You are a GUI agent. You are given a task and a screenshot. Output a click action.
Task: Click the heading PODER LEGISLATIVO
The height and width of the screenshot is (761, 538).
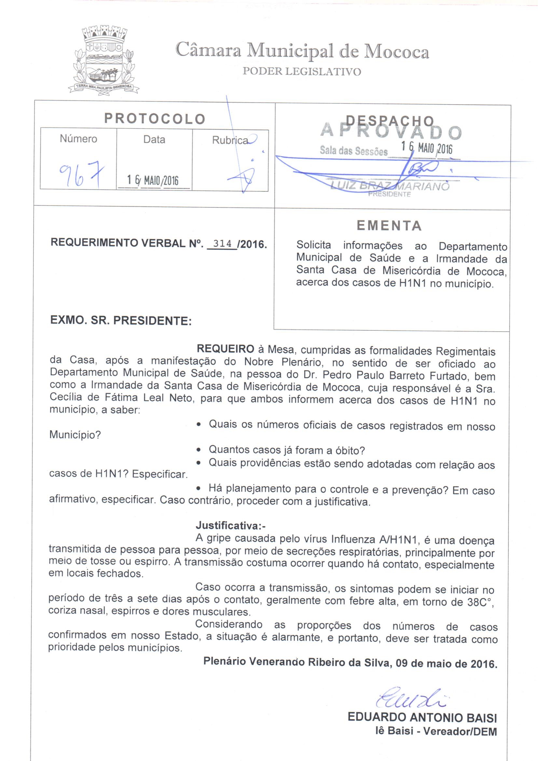pyautogui.click(x=302, y=71)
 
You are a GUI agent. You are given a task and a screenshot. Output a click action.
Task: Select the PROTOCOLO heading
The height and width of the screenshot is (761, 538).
pyautogui.click(x=155, y=119)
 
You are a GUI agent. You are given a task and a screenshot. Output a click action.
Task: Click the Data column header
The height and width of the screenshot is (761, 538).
pyautogui.click(x=154, y=139)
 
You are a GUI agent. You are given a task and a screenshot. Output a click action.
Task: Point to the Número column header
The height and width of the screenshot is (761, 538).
pyautogui.click(x=78, y=139)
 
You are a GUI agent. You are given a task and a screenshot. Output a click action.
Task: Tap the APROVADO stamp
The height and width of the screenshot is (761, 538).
pyautogui.click(x=391, y=131)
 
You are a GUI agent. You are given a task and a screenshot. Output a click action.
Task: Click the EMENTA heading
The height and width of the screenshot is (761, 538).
pyautogui.click(x=389, y=226)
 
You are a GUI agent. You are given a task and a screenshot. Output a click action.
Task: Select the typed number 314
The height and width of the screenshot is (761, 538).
pyautogui.click(x=222, y=243)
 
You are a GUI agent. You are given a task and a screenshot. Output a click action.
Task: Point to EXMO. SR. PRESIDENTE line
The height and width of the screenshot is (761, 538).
pyautogui.click(x=121, y=321)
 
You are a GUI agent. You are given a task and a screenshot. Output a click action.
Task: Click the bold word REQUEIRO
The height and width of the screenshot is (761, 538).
pyautogui.click(x=226, y=349)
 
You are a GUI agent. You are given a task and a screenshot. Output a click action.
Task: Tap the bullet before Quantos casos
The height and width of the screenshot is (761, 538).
pyautogui.click(x=198, y=450)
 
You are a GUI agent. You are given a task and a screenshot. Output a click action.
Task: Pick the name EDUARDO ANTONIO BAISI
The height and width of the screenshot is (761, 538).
pyautogui.click(x=422, y=718)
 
